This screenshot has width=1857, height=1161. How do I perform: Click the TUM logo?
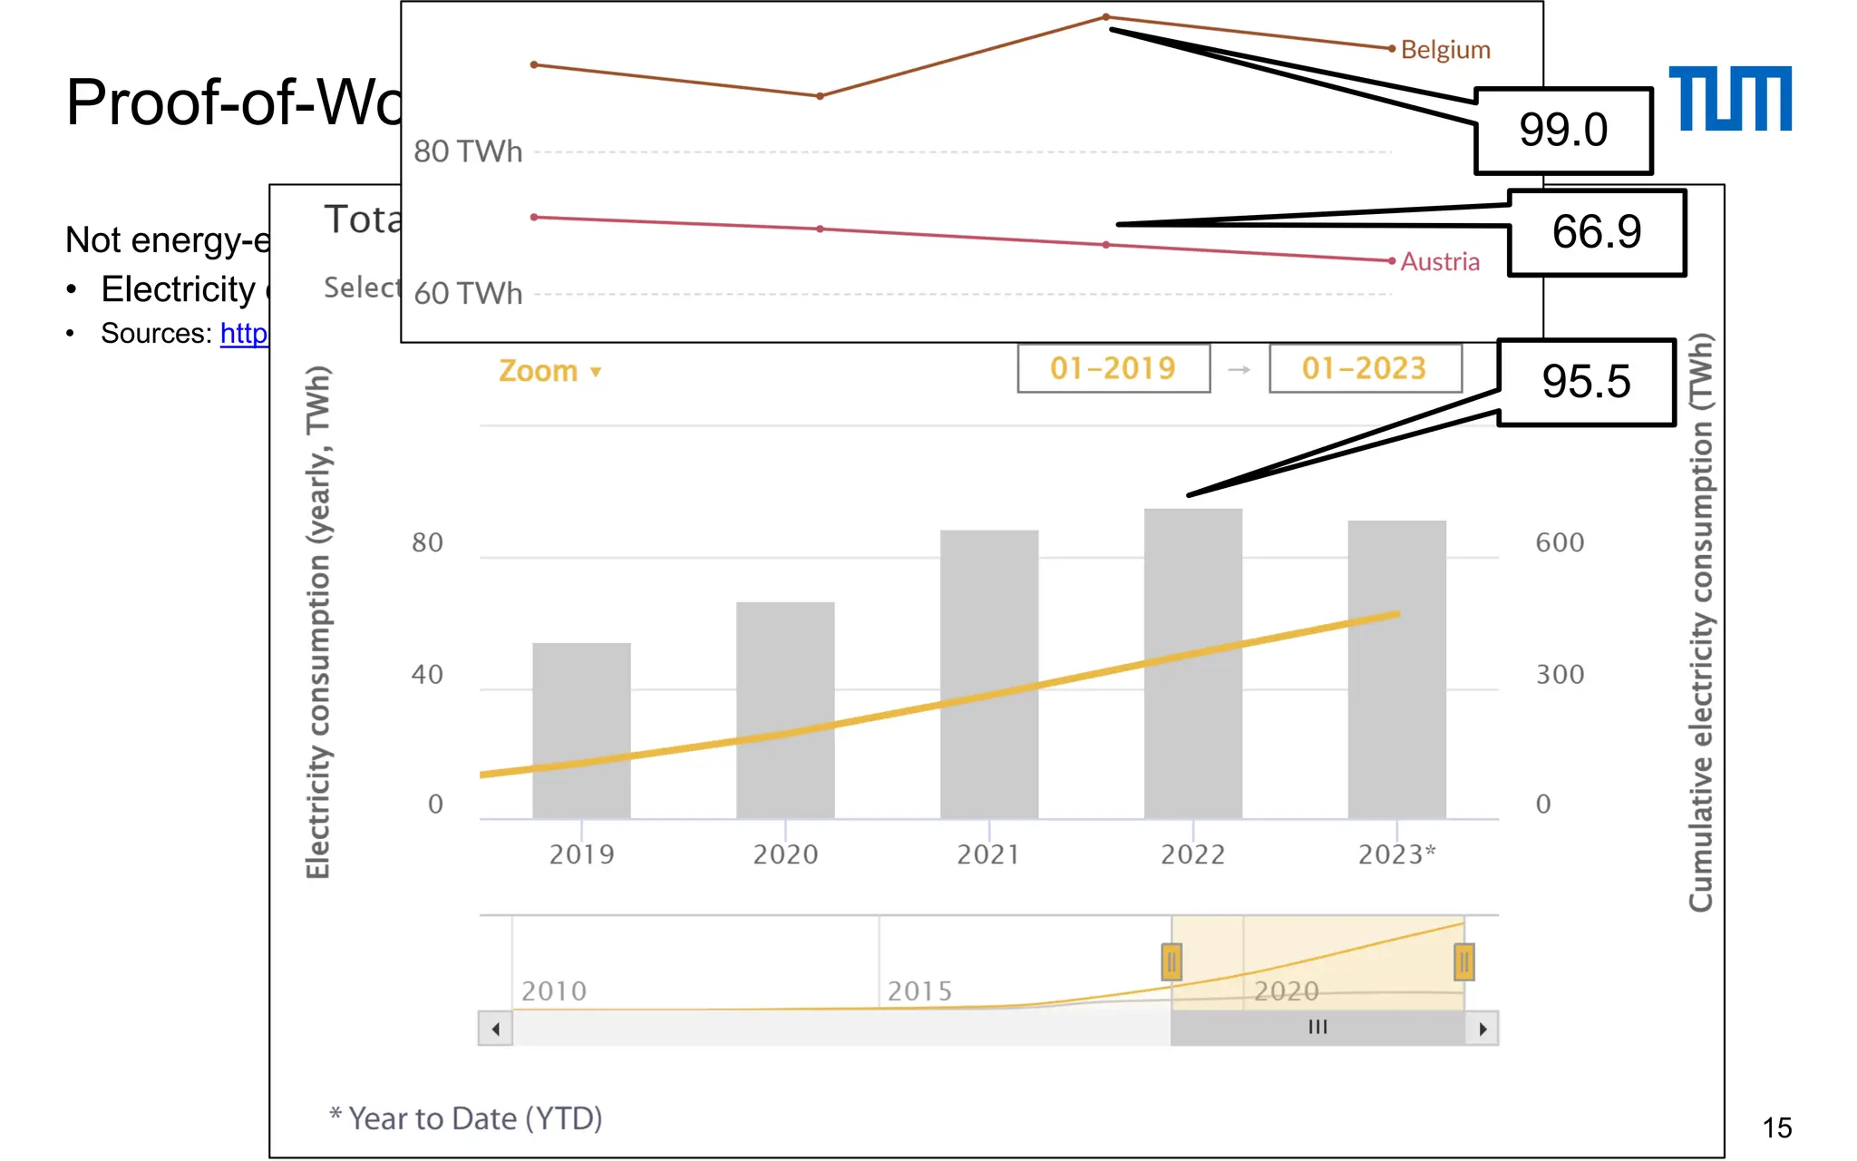[1729, 98]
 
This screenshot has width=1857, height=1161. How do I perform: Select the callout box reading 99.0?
[1562, 131]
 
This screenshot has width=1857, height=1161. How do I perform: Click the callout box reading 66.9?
[1596, 232]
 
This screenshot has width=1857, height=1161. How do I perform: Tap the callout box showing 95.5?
[1585, 382]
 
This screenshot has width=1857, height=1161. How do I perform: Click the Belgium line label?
[1445, 50]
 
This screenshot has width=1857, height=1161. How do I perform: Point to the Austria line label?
[1440, 262]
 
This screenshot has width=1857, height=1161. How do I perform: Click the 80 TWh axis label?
[468, 151]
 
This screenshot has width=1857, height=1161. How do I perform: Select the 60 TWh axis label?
[468, 294]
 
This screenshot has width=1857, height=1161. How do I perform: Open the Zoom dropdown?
[549, 371]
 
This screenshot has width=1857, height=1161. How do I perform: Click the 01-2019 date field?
[1113, 368]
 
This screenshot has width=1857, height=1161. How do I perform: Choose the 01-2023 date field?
[1364, 368]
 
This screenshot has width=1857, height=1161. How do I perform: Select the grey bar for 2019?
[581, 730]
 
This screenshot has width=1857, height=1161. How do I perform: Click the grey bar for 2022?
[1192, 662]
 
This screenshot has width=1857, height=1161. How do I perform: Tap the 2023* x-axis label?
[1396, 854]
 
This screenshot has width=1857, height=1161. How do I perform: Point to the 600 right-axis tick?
[1559, 542]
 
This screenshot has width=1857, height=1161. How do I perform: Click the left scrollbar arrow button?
[495, 1029]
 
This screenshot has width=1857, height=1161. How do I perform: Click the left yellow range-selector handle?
[1171, 961]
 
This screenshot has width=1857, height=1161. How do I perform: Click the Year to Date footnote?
[466, 1118]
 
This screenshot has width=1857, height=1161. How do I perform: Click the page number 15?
[1776, 1127]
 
